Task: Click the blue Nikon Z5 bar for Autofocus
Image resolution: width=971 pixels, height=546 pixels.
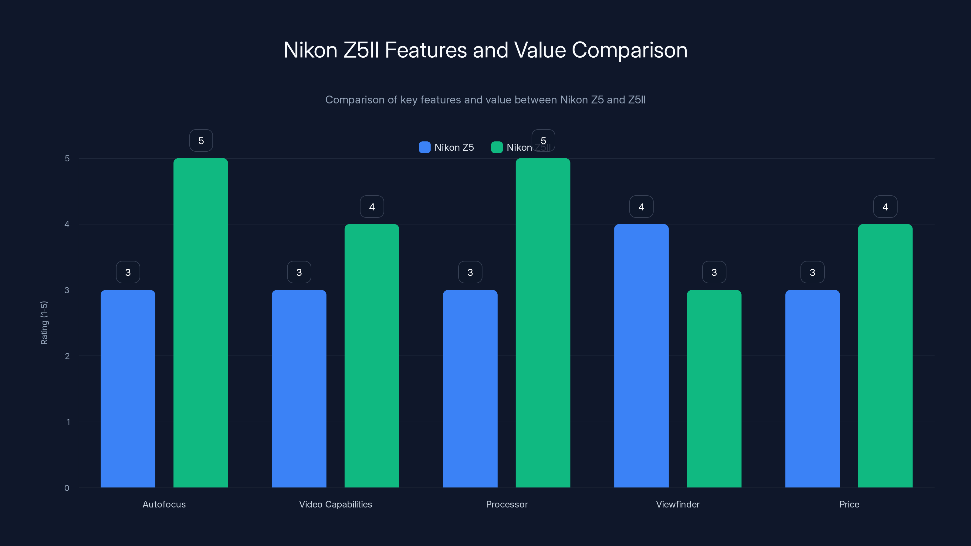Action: [x=128, y=388]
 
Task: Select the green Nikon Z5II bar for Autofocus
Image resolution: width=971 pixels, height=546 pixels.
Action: [x=201, y=322]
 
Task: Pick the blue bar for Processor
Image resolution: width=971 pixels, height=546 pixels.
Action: [x=470, y=388]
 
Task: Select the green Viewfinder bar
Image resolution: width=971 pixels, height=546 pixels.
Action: [x=714, y=388]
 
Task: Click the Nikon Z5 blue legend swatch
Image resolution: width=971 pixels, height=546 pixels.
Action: [x=425, y=147]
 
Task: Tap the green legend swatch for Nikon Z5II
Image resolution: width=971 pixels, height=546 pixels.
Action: [x=497, y=147]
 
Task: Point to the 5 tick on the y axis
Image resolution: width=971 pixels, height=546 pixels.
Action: [x=67, y=158]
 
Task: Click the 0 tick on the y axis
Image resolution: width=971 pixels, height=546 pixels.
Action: [x=67, y=488]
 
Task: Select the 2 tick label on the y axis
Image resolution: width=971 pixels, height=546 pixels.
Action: [x=67, y=356]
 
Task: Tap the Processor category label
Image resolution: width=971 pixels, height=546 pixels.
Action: [x=507, y=504]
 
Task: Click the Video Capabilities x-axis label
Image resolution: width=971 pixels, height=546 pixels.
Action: [x=336, y=504]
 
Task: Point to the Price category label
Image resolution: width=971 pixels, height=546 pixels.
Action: [x=849, y=504]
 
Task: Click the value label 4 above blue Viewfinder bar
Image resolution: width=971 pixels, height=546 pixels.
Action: [x=641, y=207]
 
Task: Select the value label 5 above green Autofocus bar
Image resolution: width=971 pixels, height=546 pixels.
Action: [x=201, y=140]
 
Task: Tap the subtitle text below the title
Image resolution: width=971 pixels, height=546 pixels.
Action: [x=485, y=99]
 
